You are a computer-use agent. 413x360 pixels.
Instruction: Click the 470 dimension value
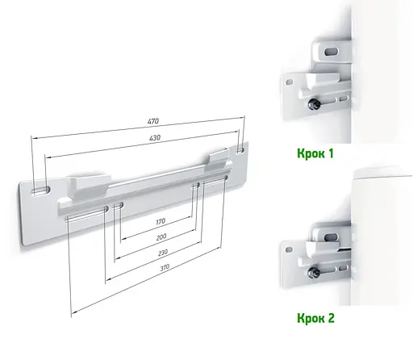[x=153, y=121]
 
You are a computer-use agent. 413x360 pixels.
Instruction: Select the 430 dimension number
[x=155, y=138]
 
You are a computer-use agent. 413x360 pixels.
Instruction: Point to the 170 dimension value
[x=161, y=221]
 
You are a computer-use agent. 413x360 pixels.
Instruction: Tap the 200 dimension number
[x=161, y=237]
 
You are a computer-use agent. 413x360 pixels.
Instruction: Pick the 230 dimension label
[x=163, y=253]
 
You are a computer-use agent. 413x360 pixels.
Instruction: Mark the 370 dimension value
[x=165, y=266]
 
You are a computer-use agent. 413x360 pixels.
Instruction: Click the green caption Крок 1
[x=315, y=153]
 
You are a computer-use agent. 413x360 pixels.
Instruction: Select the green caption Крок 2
[x=315, y=318]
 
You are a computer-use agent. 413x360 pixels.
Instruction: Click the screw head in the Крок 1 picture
[x=313, y=103]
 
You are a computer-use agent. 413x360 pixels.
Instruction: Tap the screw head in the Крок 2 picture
[x=313, y=273]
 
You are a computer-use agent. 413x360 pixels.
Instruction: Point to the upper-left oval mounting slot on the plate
[x=40, y=190]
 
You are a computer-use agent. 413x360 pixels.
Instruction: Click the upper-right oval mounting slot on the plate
[x=240, y=149]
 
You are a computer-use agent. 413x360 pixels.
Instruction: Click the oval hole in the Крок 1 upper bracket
[x=332, y=51]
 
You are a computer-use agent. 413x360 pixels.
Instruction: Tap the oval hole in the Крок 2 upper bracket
[x=331, y=237]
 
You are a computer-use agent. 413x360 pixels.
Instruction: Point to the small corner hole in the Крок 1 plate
[x=290, y=82]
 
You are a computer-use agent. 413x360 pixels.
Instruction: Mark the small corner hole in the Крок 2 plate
[x=289, y=249]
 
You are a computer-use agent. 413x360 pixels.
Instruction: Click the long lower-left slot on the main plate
[x=86, y=214]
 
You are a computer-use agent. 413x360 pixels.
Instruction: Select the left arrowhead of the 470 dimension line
[x=33, y=139]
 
